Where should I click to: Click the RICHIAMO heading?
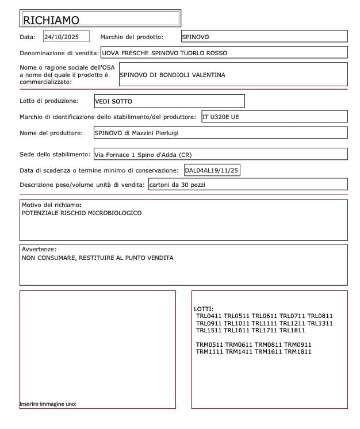pyautogui.click(x=51, y=20)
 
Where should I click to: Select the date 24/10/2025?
pyautogui.click(x=66, y=37)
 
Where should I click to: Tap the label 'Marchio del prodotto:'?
pyautogui.click(x=132, y=37)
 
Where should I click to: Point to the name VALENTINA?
pyautogui.click(x=204, y=75)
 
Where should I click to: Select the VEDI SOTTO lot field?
pyautogui.click(x=113, y=101)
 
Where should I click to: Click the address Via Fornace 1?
pyautogui.click(x=114, y=155)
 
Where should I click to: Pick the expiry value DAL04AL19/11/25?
pyautogui.click(x=212, y=170)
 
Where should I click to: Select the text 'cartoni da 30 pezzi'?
pyautogui.click(x=177, y=185)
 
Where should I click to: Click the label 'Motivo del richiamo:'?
pyautogui.click(x=52, y=205)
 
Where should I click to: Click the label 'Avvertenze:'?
pyautogui.click(x=39, y=249)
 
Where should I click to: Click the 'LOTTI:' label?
pyautogui.click(x=204, y=309)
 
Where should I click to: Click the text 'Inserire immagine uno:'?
pyautogui.click(x=48, y=404)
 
